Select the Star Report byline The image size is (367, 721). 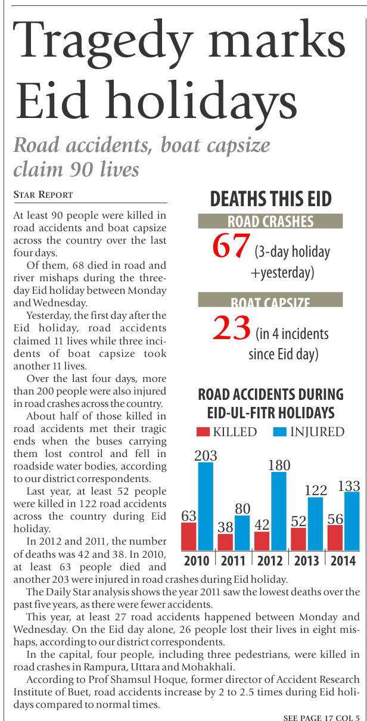pos(43,195)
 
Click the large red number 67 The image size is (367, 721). pos(230,247)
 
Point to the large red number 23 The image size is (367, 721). pos(231,329)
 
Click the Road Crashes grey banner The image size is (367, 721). pos(270,222)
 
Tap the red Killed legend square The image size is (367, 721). pos(203,432)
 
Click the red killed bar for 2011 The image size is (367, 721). pos(225,542)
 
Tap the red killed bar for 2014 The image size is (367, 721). pos(335,537)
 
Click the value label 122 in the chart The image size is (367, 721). pos(316,490)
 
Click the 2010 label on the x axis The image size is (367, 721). pos(197,561)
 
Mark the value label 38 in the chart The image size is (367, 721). pos(225,527)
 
